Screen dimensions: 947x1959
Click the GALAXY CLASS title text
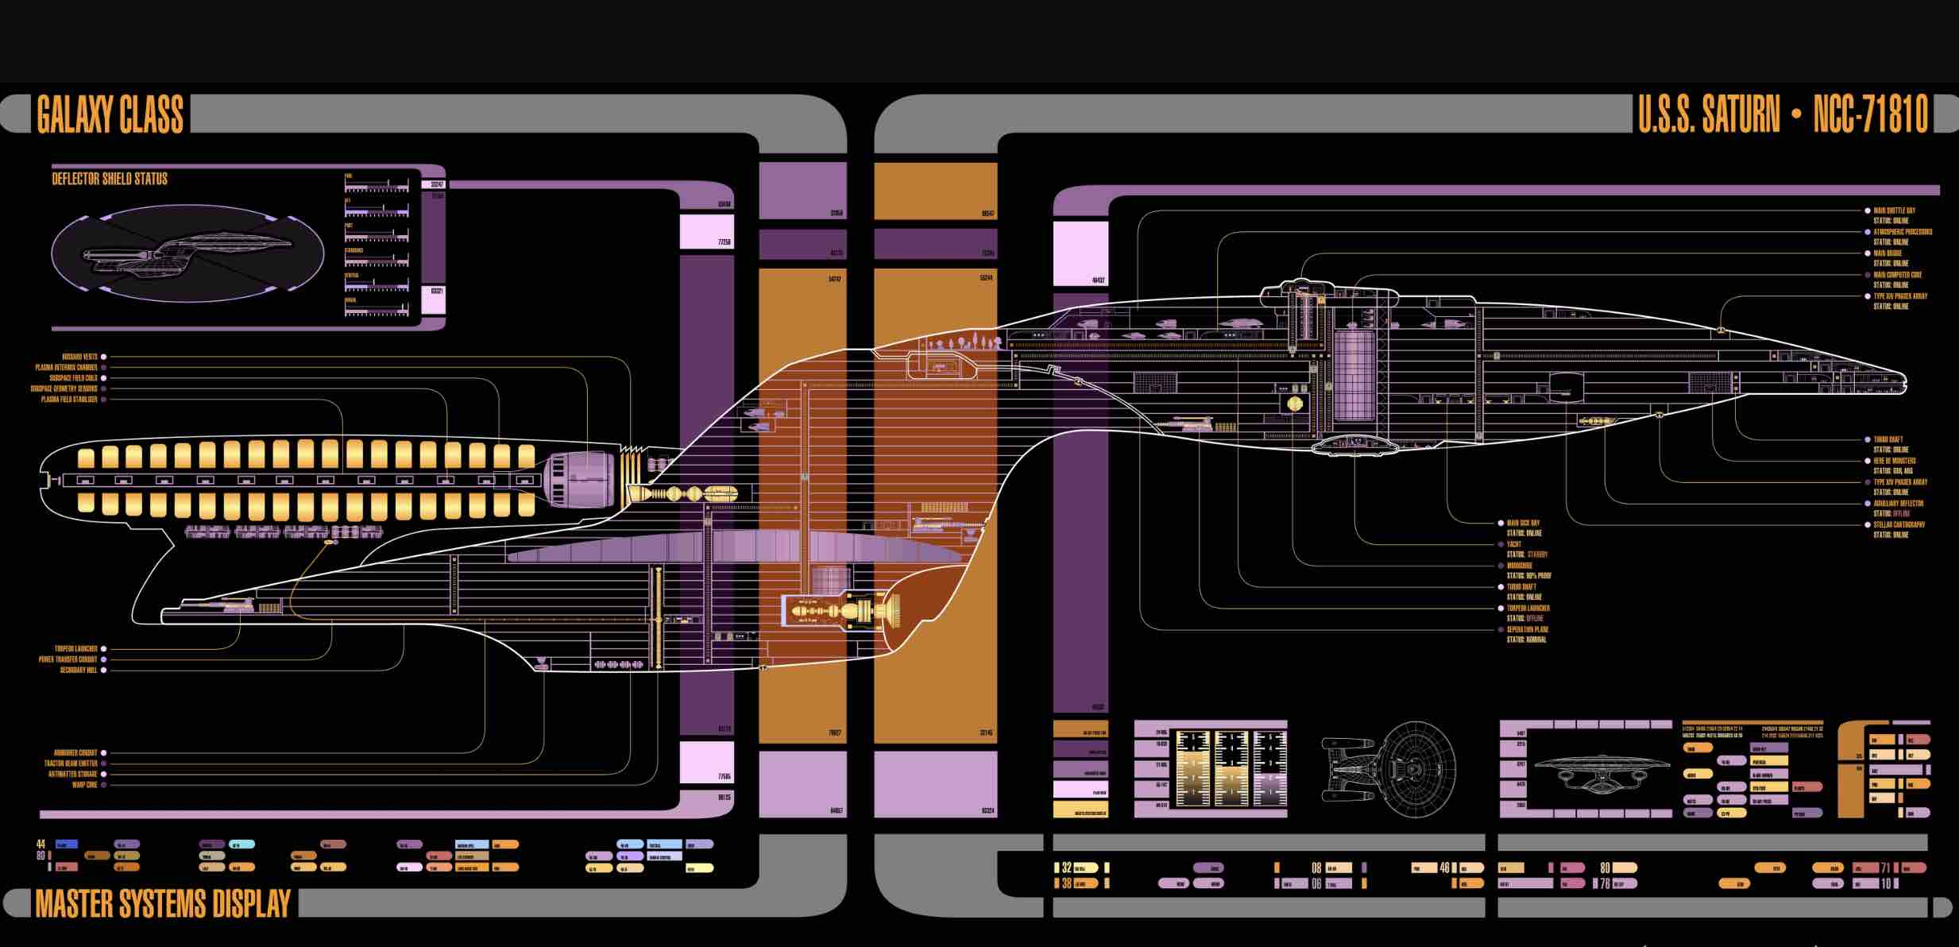110,114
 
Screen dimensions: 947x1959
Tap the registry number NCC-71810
1870,114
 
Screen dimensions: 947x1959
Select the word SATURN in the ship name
1741,114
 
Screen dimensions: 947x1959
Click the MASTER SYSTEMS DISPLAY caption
163,904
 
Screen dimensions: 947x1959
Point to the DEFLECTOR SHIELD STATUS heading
110,179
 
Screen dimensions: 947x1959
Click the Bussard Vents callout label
79,357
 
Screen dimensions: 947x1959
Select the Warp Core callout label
84,785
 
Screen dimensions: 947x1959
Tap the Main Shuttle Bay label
1894,211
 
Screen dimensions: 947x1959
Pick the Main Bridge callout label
1888,253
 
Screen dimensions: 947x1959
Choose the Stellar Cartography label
1899,524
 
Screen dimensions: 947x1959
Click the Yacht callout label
1514,544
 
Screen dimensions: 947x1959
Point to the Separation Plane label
1528,629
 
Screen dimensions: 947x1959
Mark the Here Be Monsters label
1895,461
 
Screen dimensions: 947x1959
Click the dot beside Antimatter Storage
104,774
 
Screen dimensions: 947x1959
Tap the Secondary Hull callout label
79,670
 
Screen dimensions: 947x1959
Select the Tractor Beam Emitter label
71,763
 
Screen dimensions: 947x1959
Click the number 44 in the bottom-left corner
41,844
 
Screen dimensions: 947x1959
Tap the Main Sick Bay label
1523,523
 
